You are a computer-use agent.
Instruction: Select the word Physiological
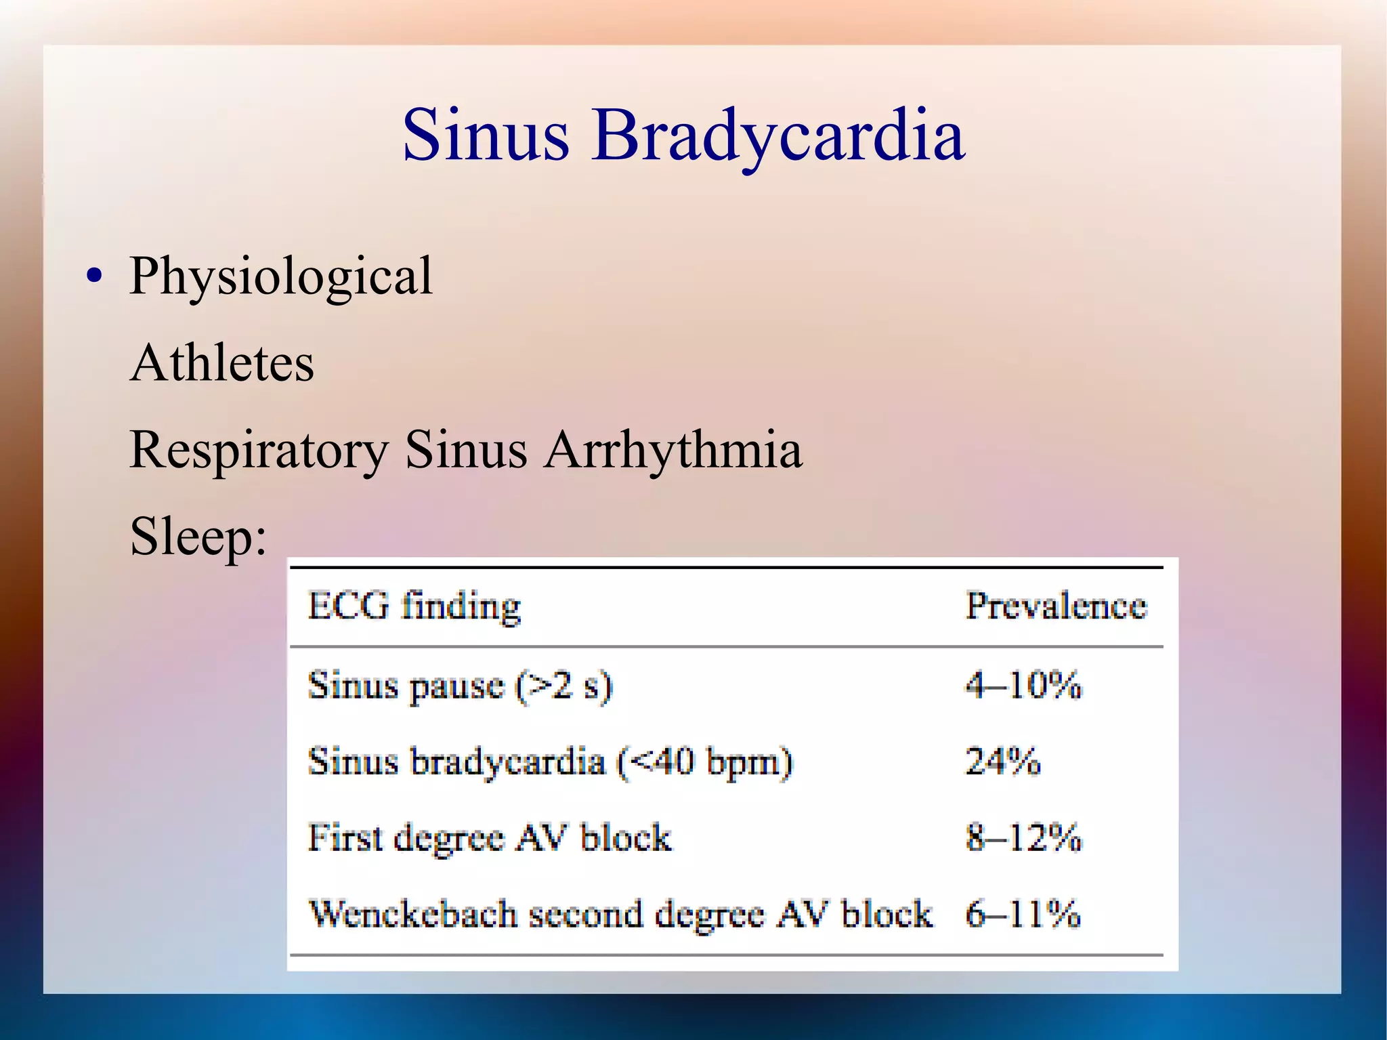(x=280, y=276)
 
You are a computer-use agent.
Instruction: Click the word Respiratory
(x=259, y=450)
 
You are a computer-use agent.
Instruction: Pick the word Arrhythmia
(x=673, y=450)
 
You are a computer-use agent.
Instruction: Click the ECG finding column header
(x=414, y=605)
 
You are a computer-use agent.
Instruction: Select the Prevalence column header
(x=1056, y=605)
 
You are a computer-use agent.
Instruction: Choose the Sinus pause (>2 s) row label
(x=460, y=685)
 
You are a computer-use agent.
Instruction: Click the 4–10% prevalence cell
(x=1023, y=685)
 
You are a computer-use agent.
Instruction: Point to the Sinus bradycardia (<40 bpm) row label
(x=549, y=761)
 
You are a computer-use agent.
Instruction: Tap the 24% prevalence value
(x=1002, y=761)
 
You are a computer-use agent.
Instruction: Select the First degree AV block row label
(x=490, y=837)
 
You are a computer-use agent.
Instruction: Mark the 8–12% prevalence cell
(x=1023, y=837)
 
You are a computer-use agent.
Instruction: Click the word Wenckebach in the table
(x=412, y=913)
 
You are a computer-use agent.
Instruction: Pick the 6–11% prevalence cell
(x=1023, y=913)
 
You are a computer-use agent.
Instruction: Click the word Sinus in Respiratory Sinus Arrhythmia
(x=466, y=450)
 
